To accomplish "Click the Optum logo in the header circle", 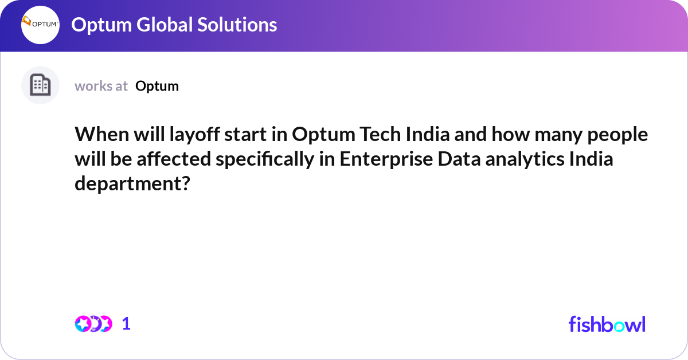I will [x=40, y=25].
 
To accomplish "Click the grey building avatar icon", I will [x=40, y=85].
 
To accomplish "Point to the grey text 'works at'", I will [x=101, y=86].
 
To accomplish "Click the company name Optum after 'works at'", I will [x=157, y=86].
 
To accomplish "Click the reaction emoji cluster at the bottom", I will [x=93, y=324].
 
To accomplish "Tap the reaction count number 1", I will [x=126, y=324].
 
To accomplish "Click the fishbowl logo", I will [x=607, y=324].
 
